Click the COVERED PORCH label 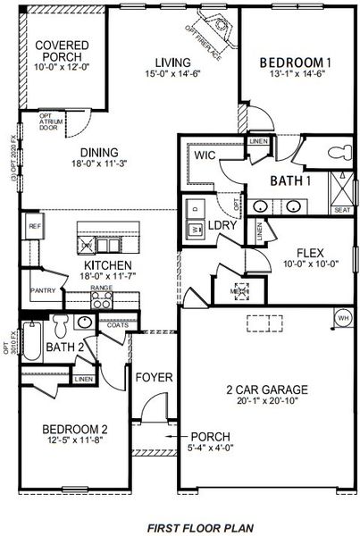point(59,53)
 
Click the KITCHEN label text point(108,266)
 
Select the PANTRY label point(43,290)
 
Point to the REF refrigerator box point(35,226)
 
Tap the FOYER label point(154,378)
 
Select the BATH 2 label point(64,348)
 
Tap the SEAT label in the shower point(340,211)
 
